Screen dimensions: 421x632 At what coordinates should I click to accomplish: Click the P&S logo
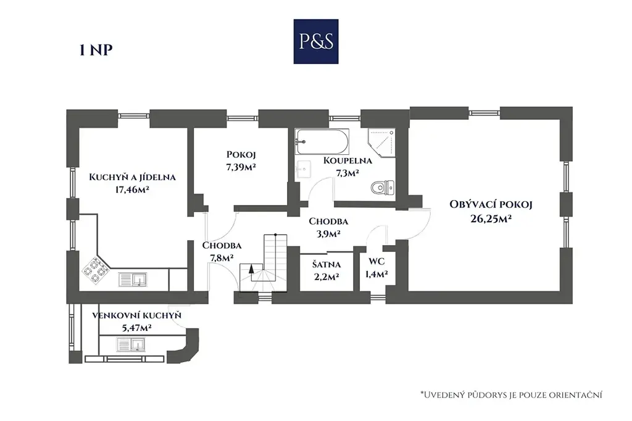click(315, 41)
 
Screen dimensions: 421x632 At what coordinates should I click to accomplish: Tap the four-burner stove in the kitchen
click(94, 272)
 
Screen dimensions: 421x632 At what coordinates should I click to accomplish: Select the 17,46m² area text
click(133, 190)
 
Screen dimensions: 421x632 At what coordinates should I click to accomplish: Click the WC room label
click(377, 262)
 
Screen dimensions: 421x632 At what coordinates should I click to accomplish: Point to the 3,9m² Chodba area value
click(328, 233)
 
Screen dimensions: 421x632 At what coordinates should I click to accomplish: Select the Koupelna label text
click(347, 160)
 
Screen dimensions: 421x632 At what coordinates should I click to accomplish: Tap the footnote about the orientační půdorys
click(510, 394)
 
